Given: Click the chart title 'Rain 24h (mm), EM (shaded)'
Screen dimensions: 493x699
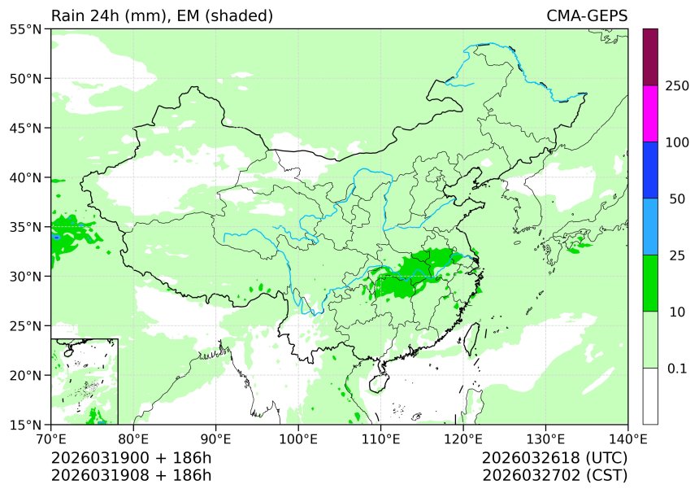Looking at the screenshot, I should pyautogui.click(x=162, y=16).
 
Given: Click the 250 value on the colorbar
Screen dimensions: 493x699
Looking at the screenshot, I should pyautogui.click(x=677, y=85).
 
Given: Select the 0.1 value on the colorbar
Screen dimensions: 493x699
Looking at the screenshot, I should pyautogui.click(x=677, y=369).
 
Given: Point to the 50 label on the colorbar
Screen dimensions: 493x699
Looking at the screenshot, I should pyautogui.click(x=677, y=199).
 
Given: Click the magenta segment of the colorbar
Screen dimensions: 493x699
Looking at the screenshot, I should pyautogui.click(x=649, y=113).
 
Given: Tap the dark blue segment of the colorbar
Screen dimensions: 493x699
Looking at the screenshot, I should pyautogui.click(x=649, y=170).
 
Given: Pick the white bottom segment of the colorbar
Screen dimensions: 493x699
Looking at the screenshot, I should pyautogui.click(x=649, y=396).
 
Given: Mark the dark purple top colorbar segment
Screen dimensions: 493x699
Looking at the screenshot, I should pyautogui.click(x=649, y=57).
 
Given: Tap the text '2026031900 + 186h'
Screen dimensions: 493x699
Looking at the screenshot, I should pyautogui.click(x=131, y=458).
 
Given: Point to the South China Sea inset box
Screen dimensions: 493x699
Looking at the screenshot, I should pyautogui.click(x=85, y=381).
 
